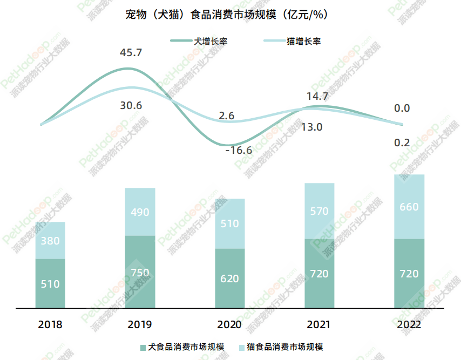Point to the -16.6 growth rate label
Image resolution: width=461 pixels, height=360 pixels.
point(239,151)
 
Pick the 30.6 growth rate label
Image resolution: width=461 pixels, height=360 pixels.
point(131,106)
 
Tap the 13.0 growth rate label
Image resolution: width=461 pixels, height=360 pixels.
point(311,127)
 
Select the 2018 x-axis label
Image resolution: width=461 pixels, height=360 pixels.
point(50,325)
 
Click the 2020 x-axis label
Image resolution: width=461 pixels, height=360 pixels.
point(229,325)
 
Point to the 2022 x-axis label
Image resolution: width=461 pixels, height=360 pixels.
point(409,325)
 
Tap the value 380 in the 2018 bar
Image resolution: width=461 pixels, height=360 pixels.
point(50,241)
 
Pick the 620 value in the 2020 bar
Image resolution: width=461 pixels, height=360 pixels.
point(229,279)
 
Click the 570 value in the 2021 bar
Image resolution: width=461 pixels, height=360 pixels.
point(319,211)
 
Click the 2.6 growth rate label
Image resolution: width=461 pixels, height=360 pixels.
point(227,116)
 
